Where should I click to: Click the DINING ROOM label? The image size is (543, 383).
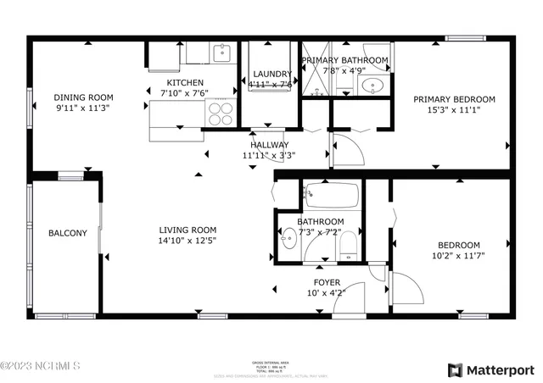pos(83,97)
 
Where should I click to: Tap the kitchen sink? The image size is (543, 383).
pos(222,53)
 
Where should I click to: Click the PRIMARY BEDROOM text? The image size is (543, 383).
pos(454,99)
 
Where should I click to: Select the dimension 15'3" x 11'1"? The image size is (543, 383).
pos(454,111)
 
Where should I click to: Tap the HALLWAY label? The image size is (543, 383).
pos(269,145)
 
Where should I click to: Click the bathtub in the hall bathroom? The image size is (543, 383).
pos(332,197)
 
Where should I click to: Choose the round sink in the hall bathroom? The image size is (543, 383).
pos(288,241)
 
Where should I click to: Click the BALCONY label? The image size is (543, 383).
pos(67,233)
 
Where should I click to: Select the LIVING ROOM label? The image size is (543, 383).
pos(188,230)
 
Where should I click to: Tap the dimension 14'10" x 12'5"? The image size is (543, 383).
pos(188,241)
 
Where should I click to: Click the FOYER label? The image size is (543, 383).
pos(327,282)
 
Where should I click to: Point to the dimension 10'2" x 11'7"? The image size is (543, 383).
pos(458,256)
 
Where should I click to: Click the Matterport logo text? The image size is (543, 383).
pos(501,369)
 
